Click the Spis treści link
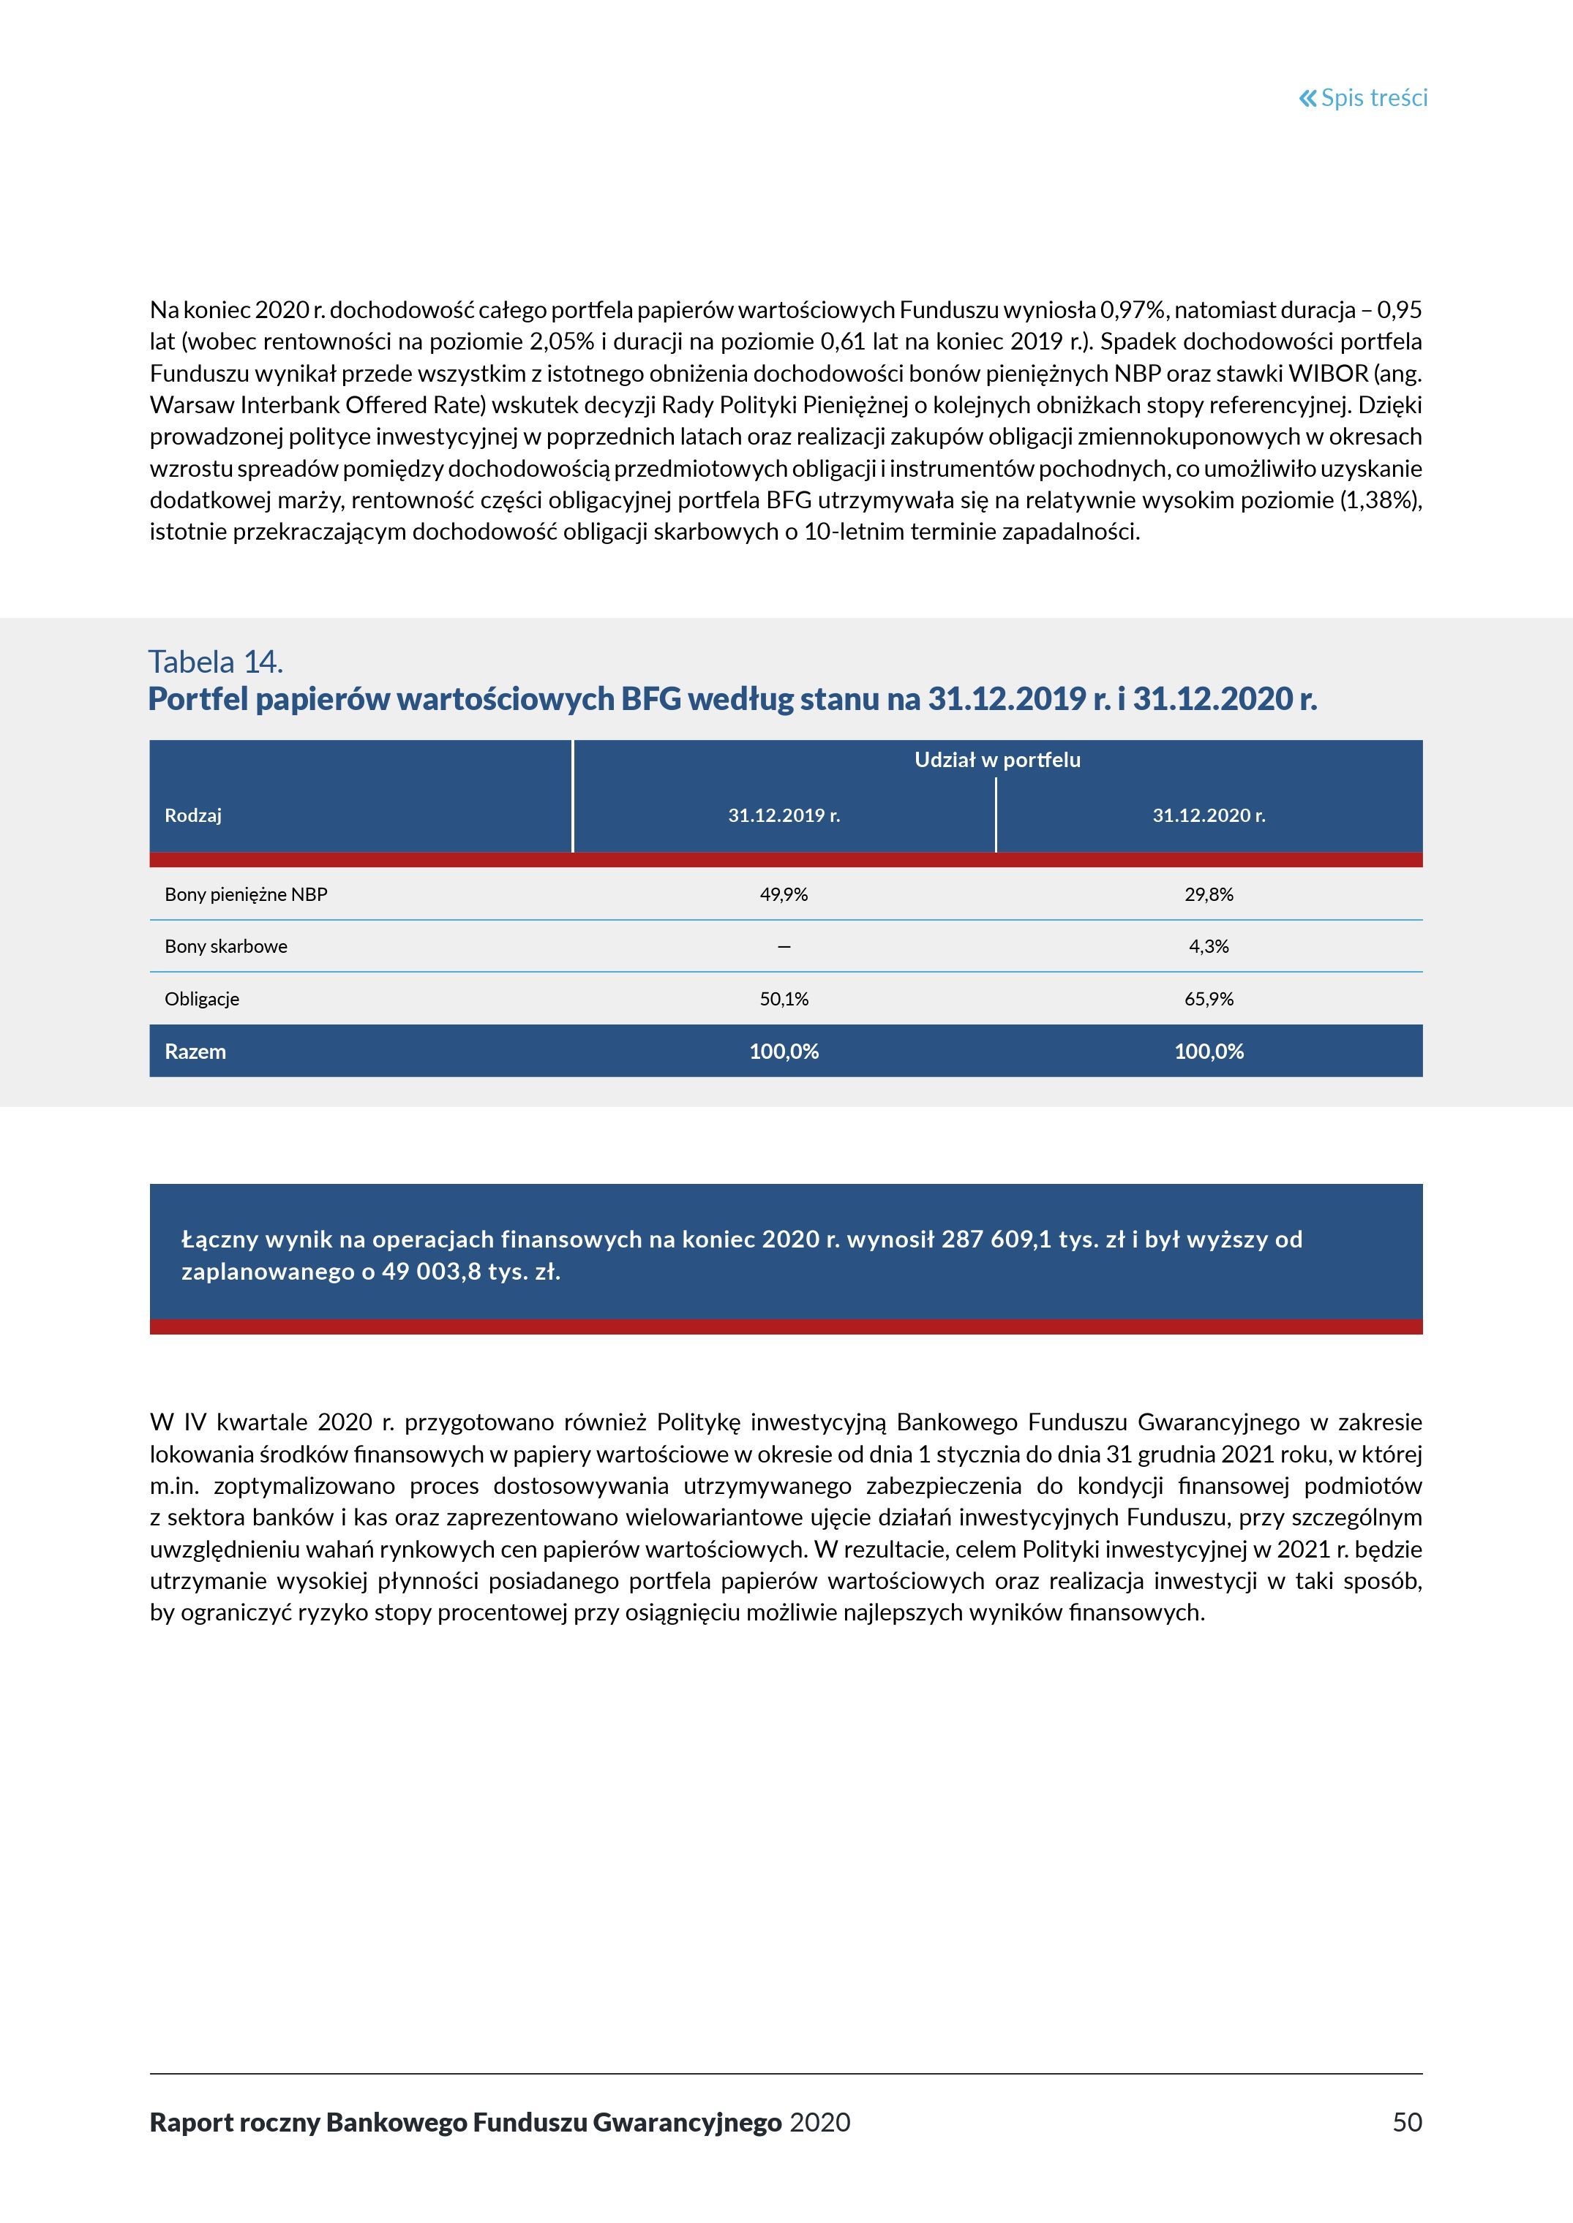[1373, 98]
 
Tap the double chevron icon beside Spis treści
[1307, 98]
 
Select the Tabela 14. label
[215, 663]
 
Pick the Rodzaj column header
[192, 815]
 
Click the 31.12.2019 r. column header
[784, 815]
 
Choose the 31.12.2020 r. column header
[1208, 815]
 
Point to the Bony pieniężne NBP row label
[246, 894]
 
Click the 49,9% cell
[784, 894]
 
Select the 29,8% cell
[1208, 894]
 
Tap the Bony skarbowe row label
[225, 947]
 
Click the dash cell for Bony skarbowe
[784, 947]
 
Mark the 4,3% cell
[1208, 947]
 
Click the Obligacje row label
[201, 999]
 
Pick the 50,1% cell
[784, 999]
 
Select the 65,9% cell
[1208, 999]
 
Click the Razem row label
[195, 1052]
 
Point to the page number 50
[1406, 2122]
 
